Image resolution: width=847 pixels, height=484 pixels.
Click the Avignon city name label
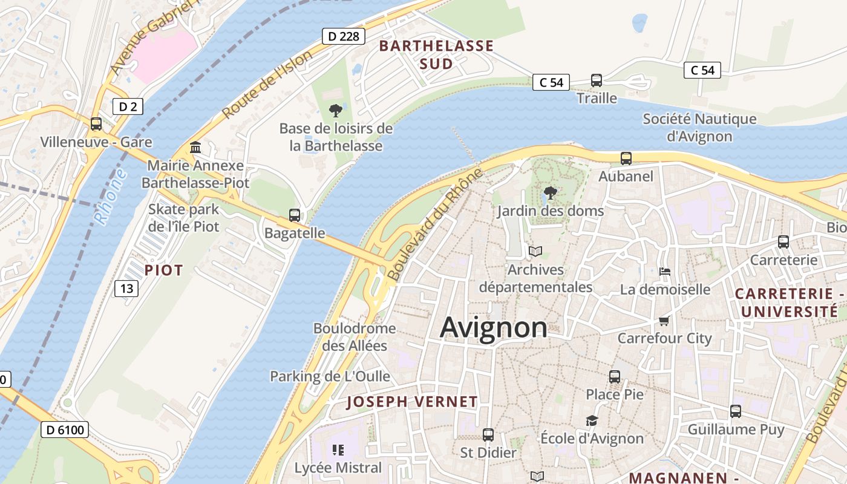point(494,327)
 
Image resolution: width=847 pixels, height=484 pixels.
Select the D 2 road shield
point(128,107)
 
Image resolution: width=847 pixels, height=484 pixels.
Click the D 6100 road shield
point(65,430)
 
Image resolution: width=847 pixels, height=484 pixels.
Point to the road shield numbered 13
point(126,289)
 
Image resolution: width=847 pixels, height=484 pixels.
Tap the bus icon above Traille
point(597,80)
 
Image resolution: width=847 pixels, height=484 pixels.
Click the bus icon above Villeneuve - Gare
point(96,124)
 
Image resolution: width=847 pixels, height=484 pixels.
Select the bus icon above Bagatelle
point(295,215)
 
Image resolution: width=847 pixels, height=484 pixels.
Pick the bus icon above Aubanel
point(626,159)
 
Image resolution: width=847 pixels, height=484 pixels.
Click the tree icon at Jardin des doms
point(551,193)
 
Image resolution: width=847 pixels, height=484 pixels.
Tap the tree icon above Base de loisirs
point(336,110)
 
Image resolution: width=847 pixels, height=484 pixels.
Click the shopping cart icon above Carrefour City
point(664,320)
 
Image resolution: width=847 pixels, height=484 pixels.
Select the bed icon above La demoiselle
point(665,272)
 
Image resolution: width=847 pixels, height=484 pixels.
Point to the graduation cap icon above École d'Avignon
point(592,420)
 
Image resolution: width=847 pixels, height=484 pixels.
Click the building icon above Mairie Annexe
point(195,147)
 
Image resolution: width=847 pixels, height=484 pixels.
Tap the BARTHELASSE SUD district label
point(436,54)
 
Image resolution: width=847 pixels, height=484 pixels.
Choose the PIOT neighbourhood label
point(163,270)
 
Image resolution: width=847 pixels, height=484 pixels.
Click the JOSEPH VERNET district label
point(412,402)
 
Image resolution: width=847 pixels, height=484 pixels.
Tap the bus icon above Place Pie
point(615,376)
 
